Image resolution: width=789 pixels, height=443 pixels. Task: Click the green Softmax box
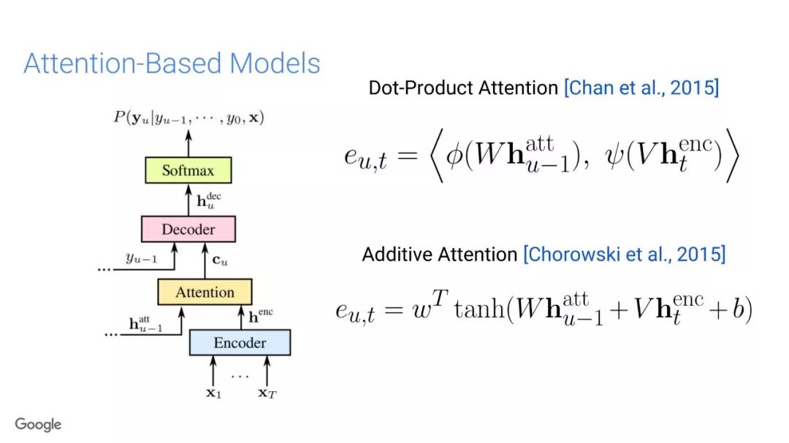[x=188, y=171]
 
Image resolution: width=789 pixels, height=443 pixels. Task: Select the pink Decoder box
[x=188, y=229]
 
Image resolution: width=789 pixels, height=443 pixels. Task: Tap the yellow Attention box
[x=205, y=292]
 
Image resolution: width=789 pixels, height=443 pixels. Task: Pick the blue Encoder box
[x=240, y=342]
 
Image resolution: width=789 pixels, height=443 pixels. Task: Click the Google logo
[x=38, y=424]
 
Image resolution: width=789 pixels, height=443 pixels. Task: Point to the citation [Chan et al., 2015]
[x=641, y=88]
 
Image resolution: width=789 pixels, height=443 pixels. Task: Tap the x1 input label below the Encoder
[x=213, y=393]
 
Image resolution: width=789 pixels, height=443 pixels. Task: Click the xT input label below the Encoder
[x=267, y=393]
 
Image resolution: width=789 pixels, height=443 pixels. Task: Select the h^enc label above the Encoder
[x=262, y=317]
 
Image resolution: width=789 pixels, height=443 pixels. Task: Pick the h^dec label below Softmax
[x=210, y=199]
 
